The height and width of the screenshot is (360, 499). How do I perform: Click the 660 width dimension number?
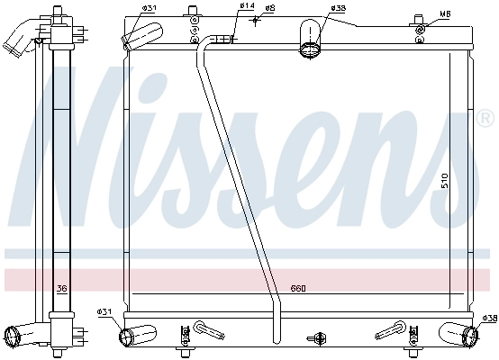tap(298, 288)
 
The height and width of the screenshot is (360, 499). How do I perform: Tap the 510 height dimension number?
tap(445, 180)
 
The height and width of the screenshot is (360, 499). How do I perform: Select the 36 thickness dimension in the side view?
tap(61, 288)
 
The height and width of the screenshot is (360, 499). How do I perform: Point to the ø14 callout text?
tap(247, 5)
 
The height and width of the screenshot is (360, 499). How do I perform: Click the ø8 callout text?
tap(270, 8)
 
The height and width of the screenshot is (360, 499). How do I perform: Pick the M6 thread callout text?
tap(445, 13)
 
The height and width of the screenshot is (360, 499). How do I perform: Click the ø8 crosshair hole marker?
tap(255, 21)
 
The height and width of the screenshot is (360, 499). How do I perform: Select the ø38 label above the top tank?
tap(338, 8)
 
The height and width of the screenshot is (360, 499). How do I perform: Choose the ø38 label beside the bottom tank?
tap(489, 318)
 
